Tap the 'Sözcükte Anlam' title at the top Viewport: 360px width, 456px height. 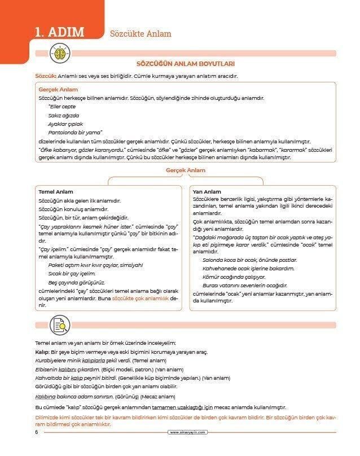click(141, 34)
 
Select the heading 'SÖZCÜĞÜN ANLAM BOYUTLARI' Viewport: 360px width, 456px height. click(186, 64)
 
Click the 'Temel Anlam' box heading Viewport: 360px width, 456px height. click(56, 192)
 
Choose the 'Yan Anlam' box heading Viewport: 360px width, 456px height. click(207, 192)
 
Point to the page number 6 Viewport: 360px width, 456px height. click(36, 432)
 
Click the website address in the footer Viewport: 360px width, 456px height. click(188, 433)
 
